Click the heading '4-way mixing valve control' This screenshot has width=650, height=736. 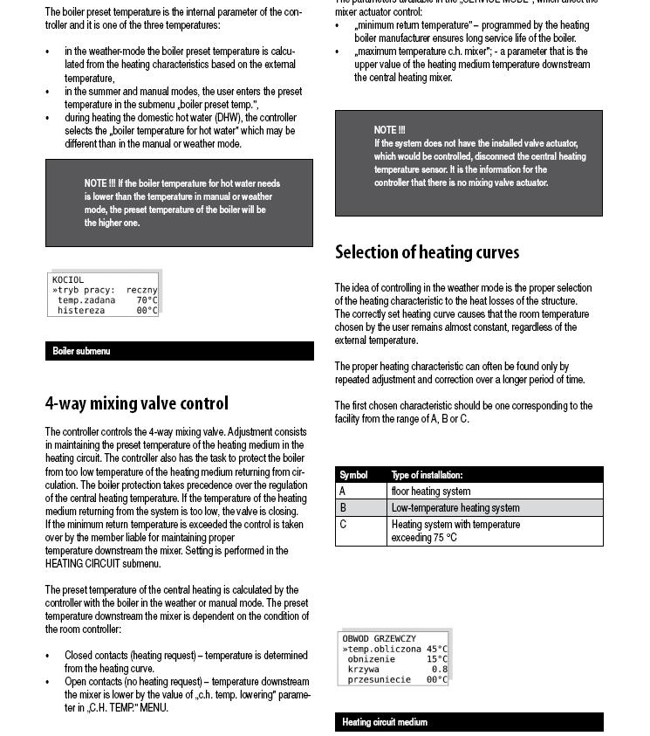click(x=137, y=403)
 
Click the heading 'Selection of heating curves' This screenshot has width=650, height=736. click(x=427, y=252)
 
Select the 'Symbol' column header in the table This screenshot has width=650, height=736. click(x=353, y=475)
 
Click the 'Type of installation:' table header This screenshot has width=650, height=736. click(x=427, y=475)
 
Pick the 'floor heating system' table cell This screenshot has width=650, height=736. click(x=431, y=492)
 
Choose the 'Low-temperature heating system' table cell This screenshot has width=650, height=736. click(x=455, y=507)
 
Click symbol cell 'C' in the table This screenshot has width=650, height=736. click(x=343, y=525)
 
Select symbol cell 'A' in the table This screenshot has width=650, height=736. click(x=343, y=492)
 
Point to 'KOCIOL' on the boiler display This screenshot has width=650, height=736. click(x=68, y=280)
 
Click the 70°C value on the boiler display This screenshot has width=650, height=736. click(x=147, y=300)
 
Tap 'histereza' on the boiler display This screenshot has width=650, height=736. click(x=81, y=310)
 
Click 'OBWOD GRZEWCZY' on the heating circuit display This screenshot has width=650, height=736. click(x=379, y=639)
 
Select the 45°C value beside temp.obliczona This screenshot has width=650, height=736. click(x=436, y=649)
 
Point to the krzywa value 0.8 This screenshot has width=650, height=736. click(x=440, y=669)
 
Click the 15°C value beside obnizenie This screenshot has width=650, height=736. click(x=436, y=659)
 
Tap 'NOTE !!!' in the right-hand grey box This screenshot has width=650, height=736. click(x=389, y=130)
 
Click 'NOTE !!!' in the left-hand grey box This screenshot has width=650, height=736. click(x=99, y=183)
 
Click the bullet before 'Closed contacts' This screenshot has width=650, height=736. click(x=48, y=656)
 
